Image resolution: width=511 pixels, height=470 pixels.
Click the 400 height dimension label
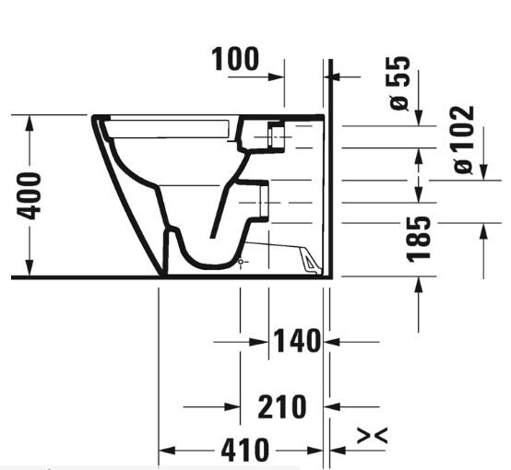click(x=31, y=194)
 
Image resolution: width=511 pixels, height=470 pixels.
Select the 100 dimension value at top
click(x=235, y=59)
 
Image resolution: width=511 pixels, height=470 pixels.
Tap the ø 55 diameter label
click(x=400, y=84)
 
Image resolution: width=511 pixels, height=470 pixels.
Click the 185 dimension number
click(x=421, y=238)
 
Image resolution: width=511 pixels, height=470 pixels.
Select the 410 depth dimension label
click(x=244, y=452)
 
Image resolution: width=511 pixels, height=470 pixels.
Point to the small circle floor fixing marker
click(x=241, y=263)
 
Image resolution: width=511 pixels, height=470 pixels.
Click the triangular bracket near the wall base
click(x=307, y=261)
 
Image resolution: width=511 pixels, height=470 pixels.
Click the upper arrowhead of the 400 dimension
click(x=31, y=123)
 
